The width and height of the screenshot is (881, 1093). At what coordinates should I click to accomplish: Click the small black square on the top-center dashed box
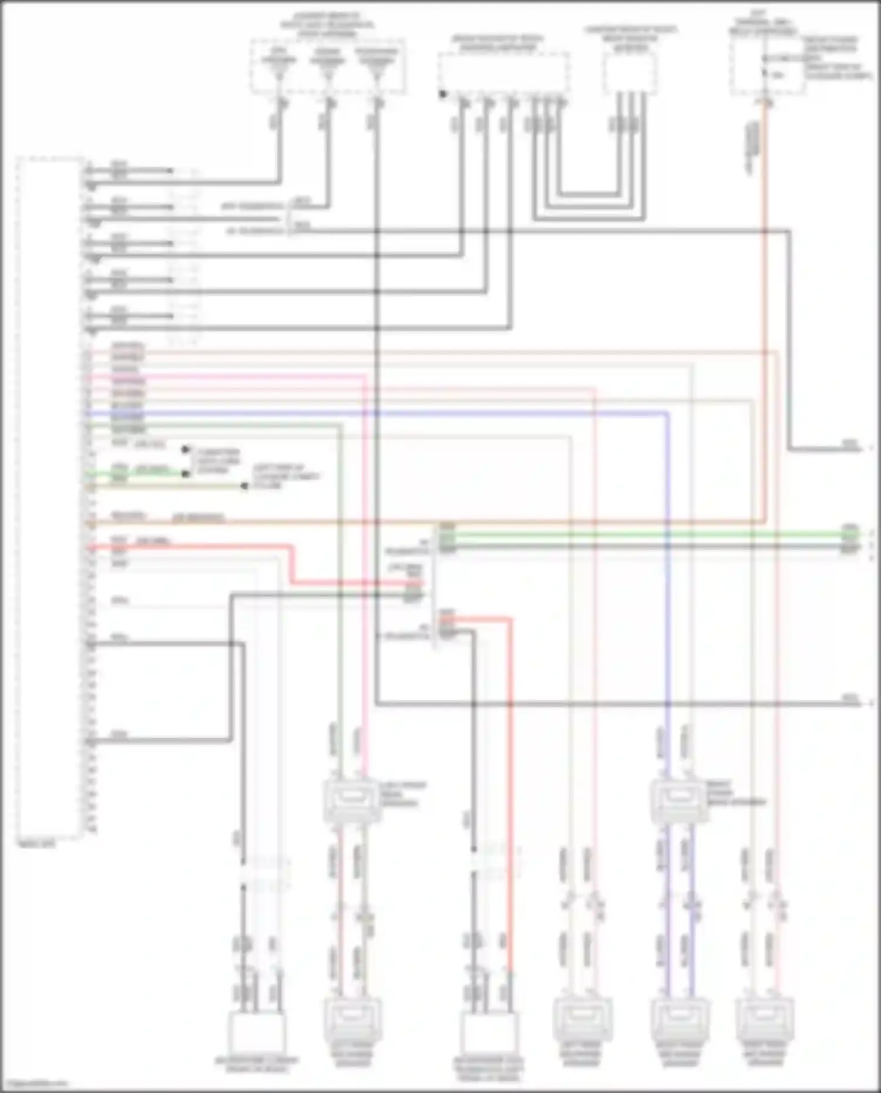(x=442, y=93)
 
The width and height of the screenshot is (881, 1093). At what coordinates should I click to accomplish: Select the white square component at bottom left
(x=257, y=1033)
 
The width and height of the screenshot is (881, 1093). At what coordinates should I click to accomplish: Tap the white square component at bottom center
(x=489, y=1033)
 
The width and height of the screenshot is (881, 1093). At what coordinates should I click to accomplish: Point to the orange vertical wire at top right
(x=765, y=294)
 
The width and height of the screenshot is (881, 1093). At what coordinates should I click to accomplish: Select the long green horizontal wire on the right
(x=646, y=534)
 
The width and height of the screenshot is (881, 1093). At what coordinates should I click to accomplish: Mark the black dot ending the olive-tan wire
(x=244, y=486)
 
